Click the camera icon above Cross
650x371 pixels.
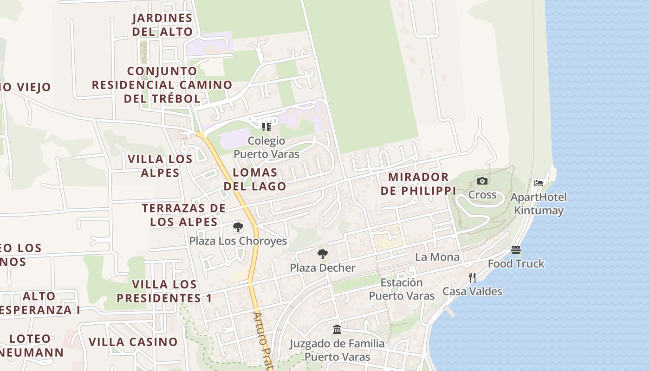[x=482, y=181]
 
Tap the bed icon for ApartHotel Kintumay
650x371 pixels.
[x=539, y=183]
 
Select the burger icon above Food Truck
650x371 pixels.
[x=516, y=250]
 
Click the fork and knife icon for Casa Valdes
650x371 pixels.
[x=472, y=278]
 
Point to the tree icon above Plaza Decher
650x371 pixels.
[x=322, y=254]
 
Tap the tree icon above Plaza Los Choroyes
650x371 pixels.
[x=238, y=227]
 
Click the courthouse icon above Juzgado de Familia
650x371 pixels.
[x=337, y=329]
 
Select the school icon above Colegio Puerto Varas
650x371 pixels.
[x=266, y=127]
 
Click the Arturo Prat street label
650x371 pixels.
[x=262, y=341]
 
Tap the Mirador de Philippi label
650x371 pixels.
[x=418, y=184]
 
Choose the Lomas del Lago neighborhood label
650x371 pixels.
[x=255, y=179]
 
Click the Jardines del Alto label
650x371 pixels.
[x=162, y=25]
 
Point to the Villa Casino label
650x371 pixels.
[x=133, y=342]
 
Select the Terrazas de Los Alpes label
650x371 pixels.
[x=184, y=215]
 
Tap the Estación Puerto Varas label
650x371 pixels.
[x=402, y=289]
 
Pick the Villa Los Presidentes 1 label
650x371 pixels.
[x=164, y=291]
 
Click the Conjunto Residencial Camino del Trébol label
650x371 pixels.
[x=162, y=85]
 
